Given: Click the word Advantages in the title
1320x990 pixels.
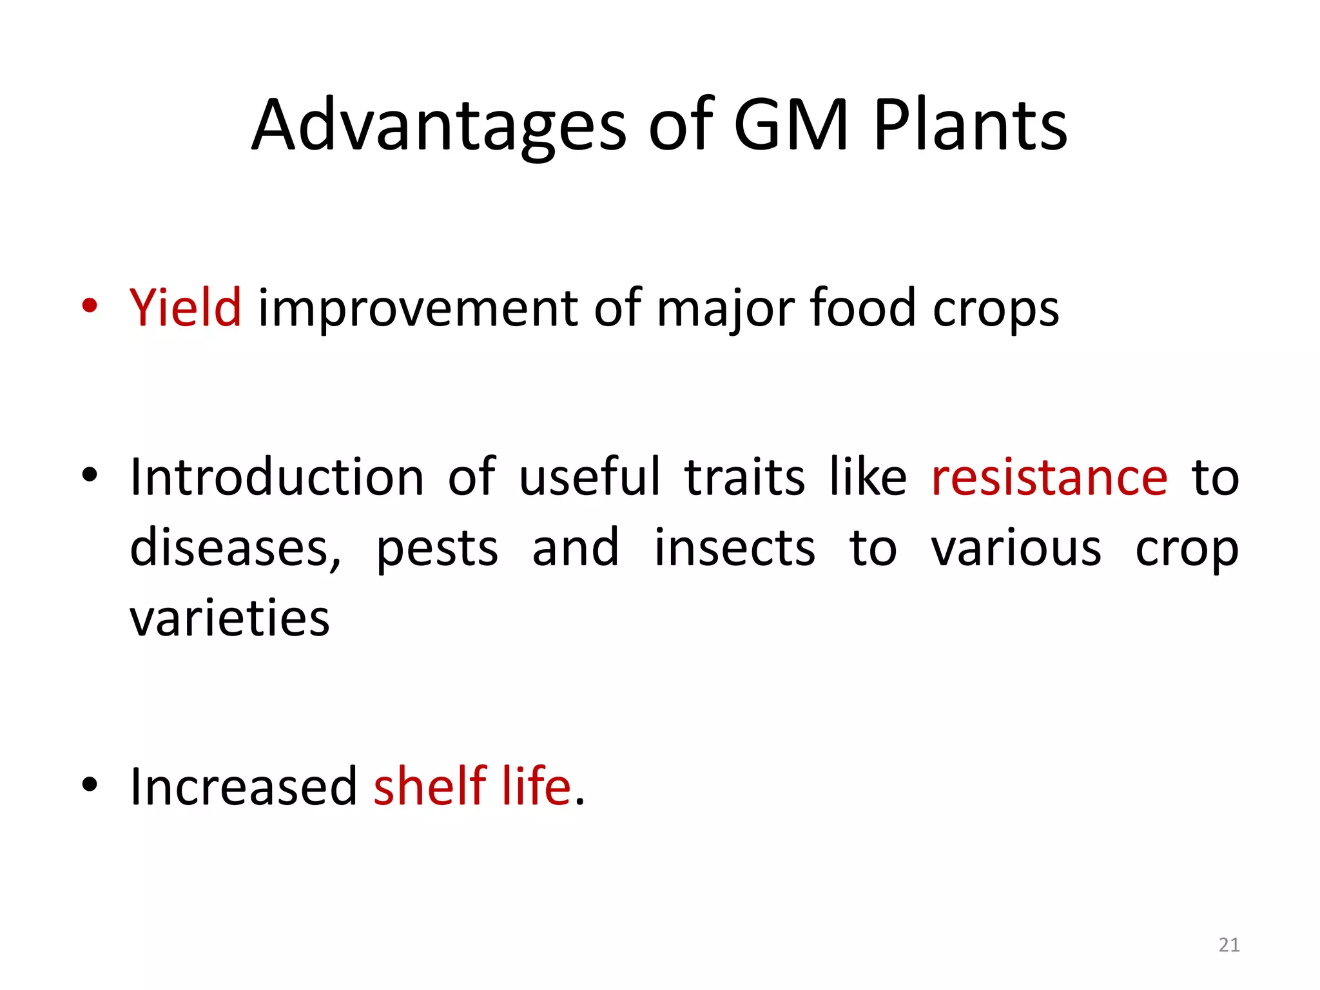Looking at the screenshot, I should (x=438, y=126).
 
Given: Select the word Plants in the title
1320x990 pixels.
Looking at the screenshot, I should (x=970, y=126).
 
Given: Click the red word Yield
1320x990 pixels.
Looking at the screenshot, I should (x=186, y=308).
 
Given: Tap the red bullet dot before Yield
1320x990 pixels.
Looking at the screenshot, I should (x=90, y=306).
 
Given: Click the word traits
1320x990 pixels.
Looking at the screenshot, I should (x=744, y=478).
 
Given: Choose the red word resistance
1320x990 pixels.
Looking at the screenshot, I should (x=1049, y=478).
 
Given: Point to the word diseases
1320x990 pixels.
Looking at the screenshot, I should (x=235, y=548).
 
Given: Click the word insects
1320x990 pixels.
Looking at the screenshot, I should (x=735, y=548).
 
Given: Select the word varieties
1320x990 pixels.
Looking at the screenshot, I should (x=229, y=618).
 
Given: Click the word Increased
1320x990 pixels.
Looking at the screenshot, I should (x=244, y=787).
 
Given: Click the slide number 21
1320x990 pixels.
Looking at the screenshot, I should (x=1229, y=945).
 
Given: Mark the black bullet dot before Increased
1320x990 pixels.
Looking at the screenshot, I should (x=90, y=784).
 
